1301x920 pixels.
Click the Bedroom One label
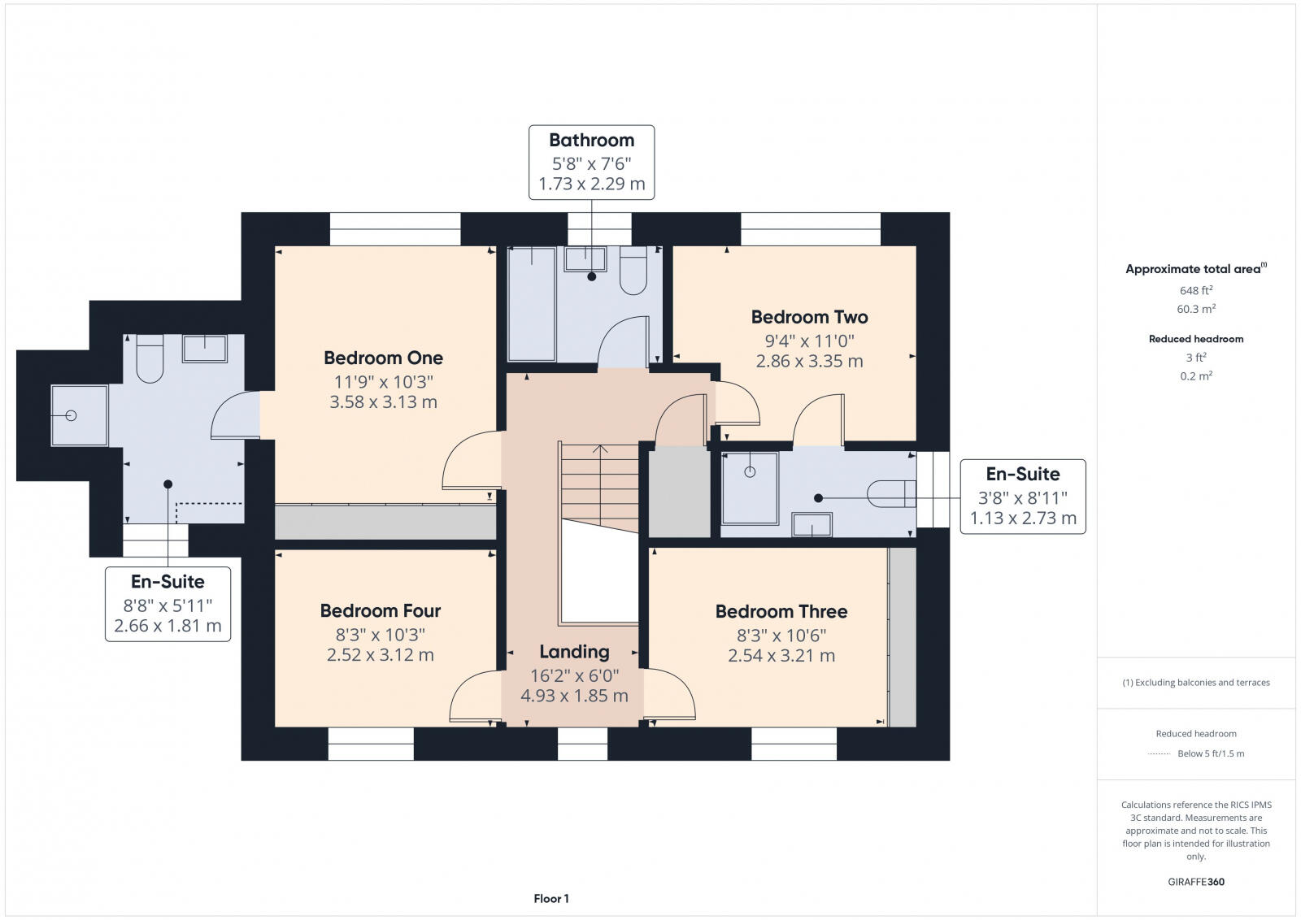coord(383,358)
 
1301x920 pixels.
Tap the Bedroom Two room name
coord(809,317)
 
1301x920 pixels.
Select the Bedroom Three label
coord(781,611)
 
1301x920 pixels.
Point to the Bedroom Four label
coord(380,610)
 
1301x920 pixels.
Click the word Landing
coord(574,652)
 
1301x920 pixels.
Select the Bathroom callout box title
coord(591,140)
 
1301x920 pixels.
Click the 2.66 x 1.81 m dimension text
coord(168,626)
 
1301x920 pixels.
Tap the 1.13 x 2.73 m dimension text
coord(1023,518)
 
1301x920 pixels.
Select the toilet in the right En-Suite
coord(890,493)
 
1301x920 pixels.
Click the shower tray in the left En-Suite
coord(79,415)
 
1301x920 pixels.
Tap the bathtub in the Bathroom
coord(532,305)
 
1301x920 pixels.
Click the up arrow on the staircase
coord(600,449)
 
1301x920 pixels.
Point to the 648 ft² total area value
coord(1195,290)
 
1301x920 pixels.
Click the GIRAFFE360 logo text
coord(1195,882)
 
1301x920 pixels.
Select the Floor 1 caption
coord(551,899)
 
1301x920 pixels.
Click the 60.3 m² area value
coord(1195,309)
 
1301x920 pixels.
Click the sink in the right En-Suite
coord(812,525)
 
